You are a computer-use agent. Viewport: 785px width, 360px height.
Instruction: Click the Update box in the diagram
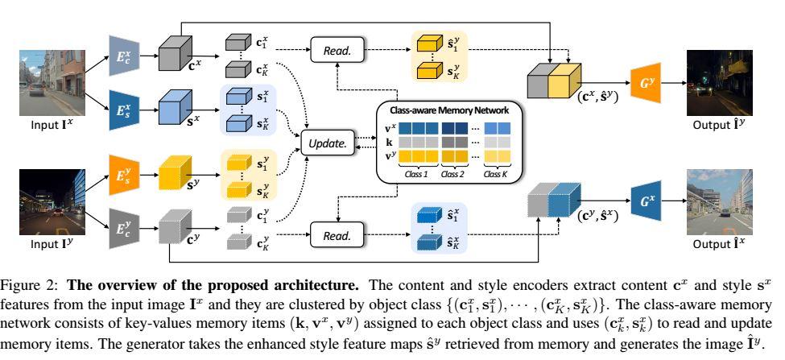point(326,143)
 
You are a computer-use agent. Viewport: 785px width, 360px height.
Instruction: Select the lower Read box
point(336,236)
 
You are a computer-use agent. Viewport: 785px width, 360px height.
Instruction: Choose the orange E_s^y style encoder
point(122,172)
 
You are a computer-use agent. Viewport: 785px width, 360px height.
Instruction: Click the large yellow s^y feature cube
point(176,173)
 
